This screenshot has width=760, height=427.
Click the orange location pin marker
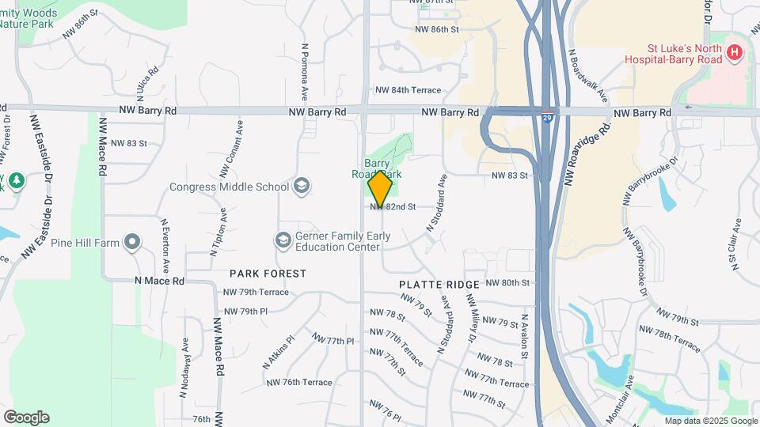381,189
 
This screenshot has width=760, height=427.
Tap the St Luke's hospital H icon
735,54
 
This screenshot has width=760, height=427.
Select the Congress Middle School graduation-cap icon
301,187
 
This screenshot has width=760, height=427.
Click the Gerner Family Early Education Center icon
283,240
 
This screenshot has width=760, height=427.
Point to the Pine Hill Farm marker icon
132,242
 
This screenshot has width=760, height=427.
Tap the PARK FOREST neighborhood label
268,274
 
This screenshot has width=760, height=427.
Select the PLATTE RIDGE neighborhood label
439,285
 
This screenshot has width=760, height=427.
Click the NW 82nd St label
393,207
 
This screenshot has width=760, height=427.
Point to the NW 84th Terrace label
408,91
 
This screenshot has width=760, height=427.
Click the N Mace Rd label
159,281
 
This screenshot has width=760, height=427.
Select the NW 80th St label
507,282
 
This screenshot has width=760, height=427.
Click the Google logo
26,418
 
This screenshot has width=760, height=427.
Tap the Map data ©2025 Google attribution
711,421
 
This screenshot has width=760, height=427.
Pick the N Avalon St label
524,338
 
